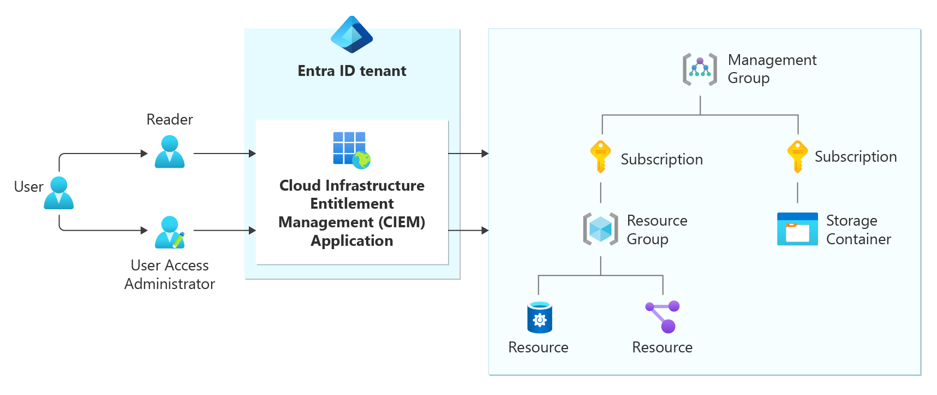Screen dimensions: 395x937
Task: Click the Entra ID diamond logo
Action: pos(351,35)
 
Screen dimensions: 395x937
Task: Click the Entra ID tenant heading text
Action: pos(351,71)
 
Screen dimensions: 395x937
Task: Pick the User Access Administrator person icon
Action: pos(170,232)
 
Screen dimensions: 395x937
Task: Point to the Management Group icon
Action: pos(700,69)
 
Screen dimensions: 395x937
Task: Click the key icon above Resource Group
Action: pos(600,157)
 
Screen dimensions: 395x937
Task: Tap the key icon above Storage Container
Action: pos(797,157)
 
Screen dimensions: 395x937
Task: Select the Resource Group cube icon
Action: pos(600,229)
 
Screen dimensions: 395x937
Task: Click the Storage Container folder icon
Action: pos(797,229)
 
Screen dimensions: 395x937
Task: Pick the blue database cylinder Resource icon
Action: pos(539,317)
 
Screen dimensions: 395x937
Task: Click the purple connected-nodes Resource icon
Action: pos(663,316)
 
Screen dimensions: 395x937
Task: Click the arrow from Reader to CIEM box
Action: pos(225,154)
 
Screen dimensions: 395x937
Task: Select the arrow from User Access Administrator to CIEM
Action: pos(225,231)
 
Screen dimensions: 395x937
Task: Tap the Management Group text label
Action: pos(772,69)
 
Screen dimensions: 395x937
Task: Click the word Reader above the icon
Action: pos(170,120)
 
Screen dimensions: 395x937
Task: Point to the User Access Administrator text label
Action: pos(170,275)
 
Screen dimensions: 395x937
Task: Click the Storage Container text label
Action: pos(858,230)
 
